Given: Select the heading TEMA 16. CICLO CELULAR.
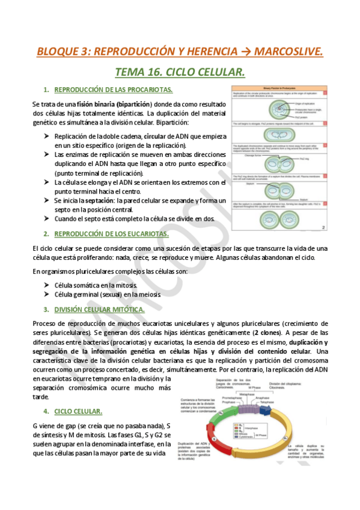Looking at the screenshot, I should tap(180, 73).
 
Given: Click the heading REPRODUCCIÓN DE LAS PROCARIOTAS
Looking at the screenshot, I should tap(114, 90).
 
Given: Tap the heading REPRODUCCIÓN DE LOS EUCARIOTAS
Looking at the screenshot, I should tap(112, 233).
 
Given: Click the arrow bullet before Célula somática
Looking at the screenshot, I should tap(47, 284).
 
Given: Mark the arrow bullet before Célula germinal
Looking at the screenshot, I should tap(47, 294).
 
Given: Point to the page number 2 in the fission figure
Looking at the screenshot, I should tap(323, 227).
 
